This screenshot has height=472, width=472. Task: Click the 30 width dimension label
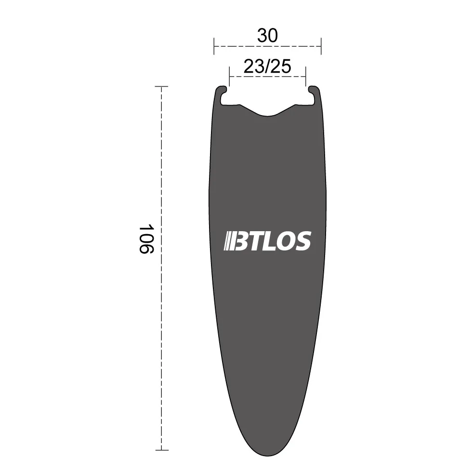point(267,36)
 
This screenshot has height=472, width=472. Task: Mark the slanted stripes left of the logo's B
point(228,241)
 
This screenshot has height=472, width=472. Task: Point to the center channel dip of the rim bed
point(267,114)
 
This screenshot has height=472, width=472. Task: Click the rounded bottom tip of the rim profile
point(267,448)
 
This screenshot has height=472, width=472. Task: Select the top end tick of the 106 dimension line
point(161,87)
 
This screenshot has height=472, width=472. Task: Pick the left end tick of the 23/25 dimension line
point(230,77)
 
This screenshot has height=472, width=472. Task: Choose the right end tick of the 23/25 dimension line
point(305,77)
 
